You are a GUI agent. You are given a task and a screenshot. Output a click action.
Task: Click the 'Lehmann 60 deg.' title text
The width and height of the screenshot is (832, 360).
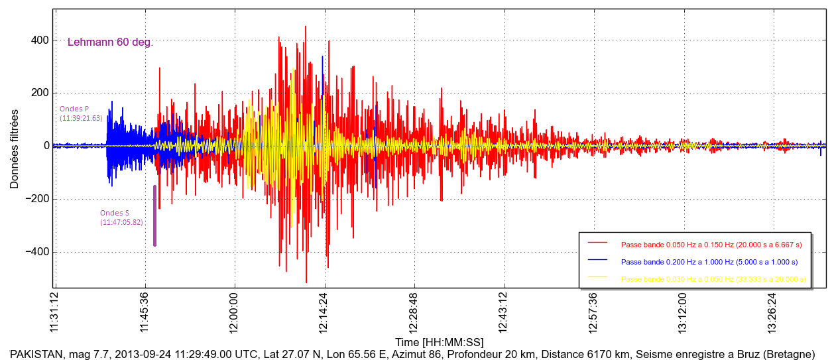point(110,42)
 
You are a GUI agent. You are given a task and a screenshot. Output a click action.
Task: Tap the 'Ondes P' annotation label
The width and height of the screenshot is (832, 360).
point(74,109)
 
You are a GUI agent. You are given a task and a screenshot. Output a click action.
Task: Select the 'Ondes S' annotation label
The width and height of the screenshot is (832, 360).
point(115,213)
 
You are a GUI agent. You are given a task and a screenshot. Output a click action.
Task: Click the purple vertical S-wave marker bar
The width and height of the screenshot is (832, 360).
point(154,215)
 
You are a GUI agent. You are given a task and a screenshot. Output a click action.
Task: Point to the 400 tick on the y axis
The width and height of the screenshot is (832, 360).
point(40,40)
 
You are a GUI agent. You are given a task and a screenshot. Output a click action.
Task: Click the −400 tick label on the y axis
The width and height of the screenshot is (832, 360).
point(37,252)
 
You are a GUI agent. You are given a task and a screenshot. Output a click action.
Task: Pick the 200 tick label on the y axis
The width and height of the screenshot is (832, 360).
point(40,93)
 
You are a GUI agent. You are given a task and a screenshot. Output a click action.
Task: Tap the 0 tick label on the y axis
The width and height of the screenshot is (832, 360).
point(46,146)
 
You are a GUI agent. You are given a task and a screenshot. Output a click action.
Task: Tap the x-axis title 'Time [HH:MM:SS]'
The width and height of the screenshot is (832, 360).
point(439,342)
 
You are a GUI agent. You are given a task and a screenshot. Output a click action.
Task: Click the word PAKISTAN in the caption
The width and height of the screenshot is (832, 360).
point(36,354)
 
